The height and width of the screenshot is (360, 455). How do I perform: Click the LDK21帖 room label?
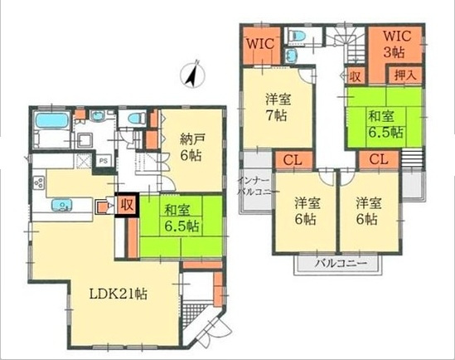point(119,294)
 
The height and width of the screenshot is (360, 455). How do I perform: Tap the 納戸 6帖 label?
point(191,148)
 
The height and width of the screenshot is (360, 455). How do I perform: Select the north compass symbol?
point(192,74)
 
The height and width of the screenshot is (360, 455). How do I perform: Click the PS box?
point(104,160)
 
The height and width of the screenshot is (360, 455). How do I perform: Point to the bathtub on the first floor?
point(52,120)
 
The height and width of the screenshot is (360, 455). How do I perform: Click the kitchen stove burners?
point(39,183)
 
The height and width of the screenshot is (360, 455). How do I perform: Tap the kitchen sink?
point(62,205)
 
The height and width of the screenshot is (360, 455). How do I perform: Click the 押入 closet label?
point(405,75)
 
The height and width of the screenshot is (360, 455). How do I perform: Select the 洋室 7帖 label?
point(278,108)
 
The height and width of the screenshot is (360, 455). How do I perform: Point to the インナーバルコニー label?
point(254,186)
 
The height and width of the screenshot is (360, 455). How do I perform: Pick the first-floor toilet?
point(136,119)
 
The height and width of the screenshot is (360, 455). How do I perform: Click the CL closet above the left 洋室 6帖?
point(293,160)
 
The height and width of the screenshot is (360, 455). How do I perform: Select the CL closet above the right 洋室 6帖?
point(379,159)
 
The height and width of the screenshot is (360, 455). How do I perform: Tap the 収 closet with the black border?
point(127,205)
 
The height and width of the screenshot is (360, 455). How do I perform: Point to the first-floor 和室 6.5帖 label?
point(182,218)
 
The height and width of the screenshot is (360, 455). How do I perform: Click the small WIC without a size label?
point(260,45)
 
